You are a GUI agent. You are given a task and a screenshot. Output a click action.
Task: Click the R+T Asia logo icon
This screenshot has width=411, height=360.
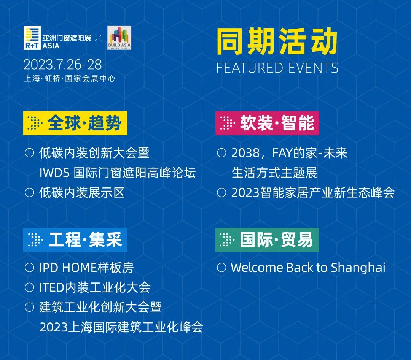click(x=32, y=38)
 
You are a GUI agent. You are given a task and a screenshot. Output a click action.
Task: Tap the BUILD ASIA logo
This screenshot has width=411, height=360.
click(x=119, y=38)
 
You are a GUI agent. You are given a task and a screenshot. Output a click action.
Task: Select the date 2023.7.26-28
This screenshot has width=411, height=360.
click(x=63, y=65)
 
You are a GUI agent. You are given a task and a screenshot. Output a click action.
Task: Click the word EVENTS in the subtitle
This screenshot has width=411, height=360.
click(x=312, y=68)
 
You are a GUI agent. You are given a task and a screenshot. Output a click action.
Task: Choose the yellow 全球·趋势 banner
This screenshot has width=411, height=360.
click(x=75, y=123)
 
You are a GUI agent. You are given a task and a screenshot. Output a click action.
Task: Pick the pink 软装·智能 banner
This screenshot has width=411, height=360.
click(x=267, y=123)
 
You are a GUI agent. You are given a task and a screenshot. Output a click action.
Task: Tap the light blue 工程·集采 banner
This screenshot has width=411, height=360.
click(x=75, y=240)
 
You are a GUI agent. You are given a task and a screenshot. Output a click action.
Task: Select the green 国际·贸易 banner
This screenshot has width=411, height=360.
click(x=267, y=240)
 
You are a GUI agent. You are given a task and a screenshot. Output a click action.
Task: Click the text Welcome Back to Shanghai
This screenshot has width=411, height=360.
click(x=308, y=268)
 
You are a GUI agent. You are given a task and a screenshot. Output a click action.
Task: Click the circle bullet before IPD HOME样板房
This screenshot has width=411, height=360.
click(x=30, y=268)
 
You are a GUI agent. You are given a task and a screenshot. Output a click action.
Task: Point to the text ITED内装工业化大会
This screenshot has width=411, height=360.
click(x=95, y=287)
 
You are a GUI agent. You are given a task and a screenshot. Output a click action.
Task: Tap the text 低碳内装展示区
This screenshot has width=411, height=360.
click(x=82, y=192)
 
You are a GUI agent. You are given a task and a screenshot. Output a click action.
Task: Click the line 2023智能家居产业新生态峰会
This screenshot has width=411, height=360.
click(x=313, y=192)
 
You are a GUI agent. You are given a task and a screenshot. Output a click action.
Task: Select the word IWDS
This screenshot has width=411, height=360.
click(x=54, y=173)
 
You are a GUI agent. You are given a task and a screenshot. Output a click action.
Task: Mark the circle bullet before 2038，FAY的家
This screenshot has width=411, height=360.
click(x=221, y=153)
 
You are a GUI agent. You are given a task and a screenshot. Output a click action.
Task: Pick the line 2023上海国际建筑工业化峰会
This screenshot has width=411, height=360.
click(x=121, y=327)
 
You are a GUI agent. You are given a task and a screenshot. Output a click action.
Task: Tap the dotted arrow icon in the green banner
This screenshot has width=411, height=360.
click(x=227, y=240)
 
